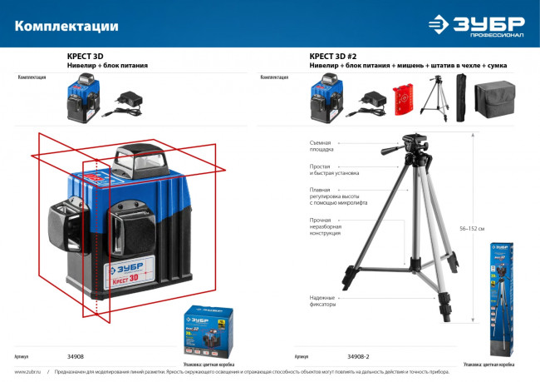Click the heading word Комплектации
click(66, 26)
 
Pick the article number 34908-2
click(358, 355)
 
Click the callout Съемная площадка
click(322, 147)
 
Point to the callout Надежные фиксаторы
click(322, 300)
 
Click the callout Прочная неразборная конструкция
click(325, 227)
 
